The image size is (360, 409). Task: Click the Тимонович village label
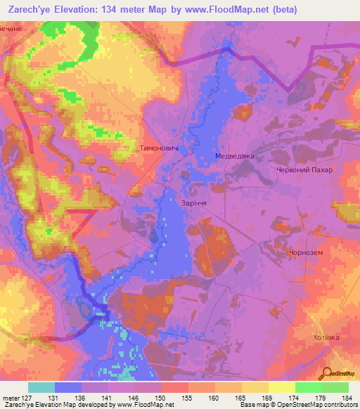[x=162, y=149]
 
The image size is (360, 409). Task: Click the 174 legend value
[x=293, y=397]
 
